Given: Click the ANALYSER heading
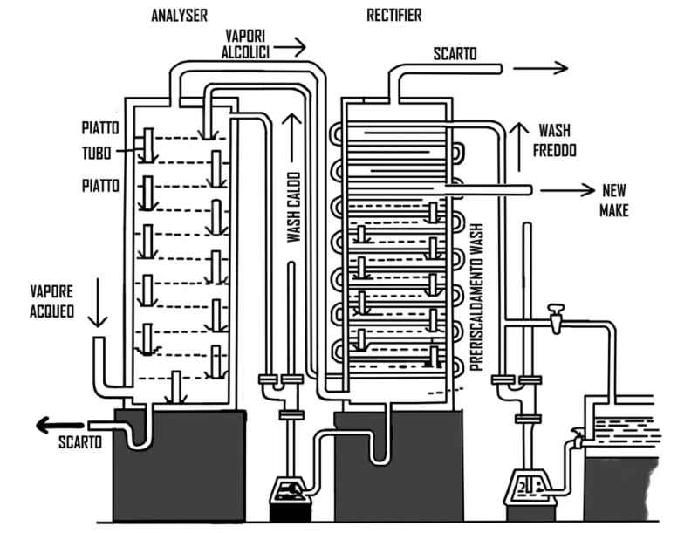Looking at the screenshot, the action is (x=179, y=16).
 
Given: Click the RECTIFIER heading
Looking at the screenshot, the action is (x=394, y=16).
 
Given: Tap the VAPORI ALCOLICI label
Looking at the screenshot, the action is (x=246, y=44).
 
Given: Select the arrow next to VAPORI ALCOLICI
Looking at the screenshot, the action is (x=290, y=46).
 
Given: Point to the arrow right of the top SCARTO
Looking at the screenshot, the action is (x=540, y=68).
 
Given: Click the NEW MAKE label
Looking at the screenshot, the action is (x=614, y=201).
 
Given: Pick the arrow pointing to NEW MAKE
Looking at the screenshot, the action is (x=568, y=190).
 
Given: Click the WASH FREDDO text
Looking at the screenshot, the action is (x=555, y=140).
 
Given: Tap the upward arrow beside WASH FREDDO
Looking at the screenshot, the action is (x=518, y=147).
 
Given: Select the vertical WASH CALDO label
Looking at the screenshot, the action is (x=294, y=208).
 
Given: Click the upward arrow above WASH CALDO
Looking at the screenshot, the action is (x=292, y=138).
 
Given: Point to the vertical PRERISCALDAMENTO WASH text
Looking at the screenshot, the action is (x=476, y=297).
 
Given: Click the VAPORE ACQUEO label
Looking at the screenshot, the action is (x=51, y=301).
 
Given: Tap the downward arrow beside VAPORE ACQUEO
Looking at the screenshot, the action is (x=98, y=303).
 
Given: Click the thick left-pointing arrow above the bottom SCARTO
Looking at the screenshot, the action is (x=59, y=426).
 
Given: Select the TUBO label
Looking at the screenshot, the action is (x=97, y=153).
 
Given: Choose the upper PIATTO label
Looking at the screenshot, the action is (x=100, y=128).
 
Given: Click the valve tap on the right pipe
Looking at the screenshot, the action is (x=556, y=318).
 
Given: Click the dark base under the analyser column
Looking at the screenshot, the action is (x=180, y=465).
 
